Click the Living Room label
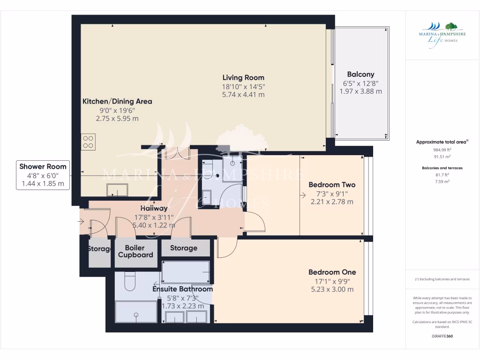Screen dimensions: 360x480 (243, 78)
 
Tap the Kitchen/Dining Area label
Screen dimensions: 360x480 (117, 101)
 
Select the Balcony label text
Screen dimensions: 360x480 (360, 74)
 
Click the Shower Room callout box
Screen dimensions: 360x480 (43, 175)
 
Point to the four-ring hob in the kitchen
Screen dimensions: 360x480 (89, 141)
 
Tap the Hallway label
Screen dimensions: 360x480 (154, 208)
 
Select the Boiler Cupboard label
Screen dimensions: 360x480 (135, 251)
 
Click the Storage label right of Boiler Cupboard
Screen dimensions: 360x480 (184, 248)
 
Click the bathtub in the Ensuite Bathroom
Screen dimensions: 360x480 (186, 272)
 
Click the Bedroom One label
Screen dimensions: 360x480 (332, 272)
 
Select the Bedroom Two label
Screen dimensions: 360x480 (332, 185)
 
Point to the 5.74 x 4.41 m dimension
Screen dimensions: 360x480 (243, 95)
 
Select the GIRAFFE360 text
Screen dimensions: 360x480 (442, 336)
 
